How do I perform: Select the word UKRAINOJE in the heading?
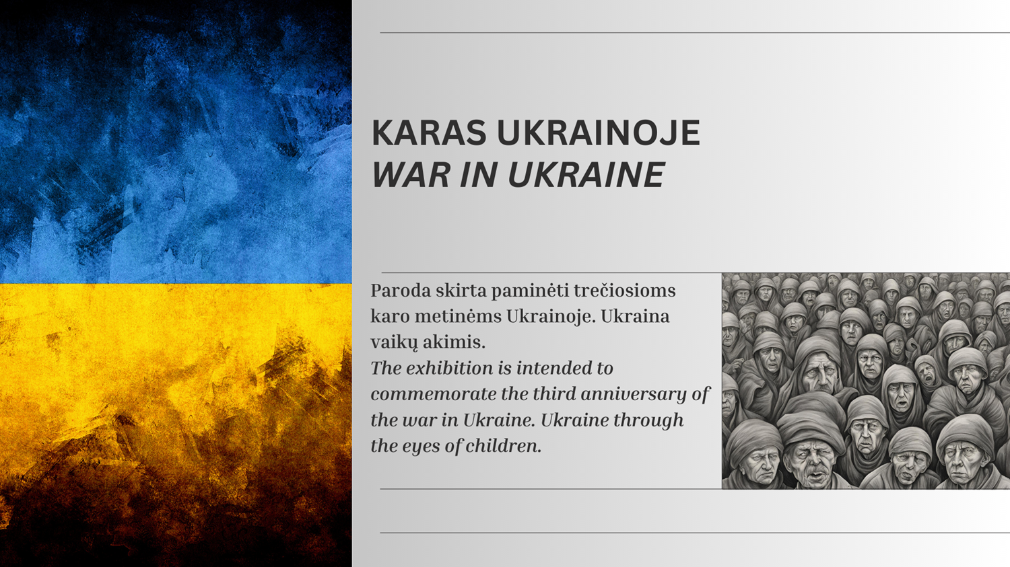pos(599,133)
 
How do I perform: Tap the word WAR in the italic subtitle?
pos(411,174)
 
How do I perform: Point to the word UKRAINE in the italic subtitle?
pos(586,174)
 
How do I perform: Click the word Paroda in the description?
pos(401,291)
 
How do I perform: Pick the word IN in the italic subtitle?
pos(479,174)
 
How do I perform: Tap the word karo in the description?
pos(390,316)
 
